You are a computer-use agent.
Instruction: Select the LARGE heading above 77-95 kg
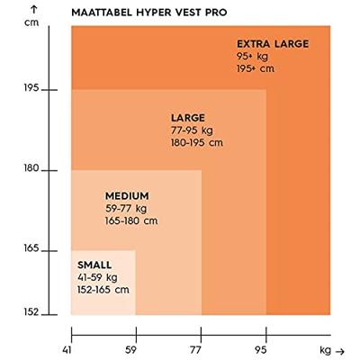[188, 118]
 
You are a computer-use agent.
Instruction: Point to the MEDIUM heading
[126, 195]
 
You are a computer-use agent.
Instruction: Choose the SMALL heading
[94, 265]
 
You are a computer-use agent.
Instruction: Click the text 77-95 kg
[192, 130]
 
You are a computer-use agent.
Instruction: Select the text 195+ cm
[256, 67]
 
